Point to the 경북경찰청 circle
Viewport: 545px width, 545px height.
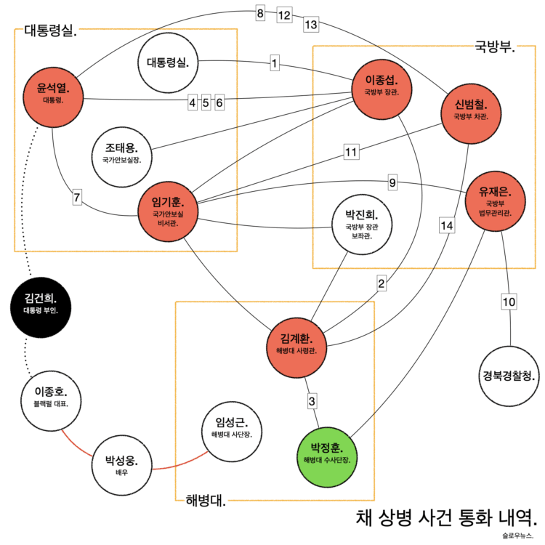coord(509,376)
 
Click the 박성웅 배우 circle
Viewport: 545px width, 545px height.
coord(121,464)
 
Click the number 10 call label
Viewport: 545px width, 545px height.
coord(509,302)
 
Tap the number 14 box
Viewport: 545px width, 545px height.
coord(447,226)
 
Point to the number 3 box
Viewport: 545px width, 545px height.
coord(312,400)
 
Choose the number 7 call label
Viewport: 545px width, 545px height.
coord(78,195)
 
